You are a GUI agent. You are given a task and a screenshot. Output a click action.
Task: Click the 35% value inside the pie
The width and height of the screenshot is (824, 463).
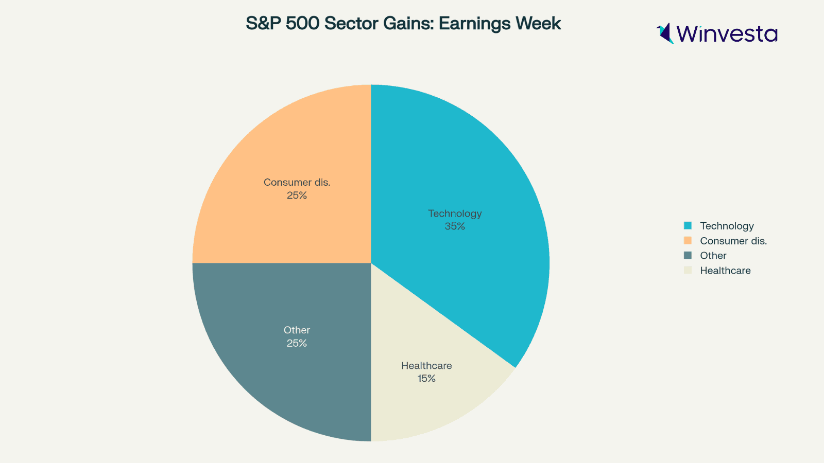tap(455, 226)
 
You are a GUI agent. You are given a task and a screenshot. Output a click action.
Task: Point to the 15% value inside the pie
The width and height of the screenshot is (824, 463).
tap(426, 379)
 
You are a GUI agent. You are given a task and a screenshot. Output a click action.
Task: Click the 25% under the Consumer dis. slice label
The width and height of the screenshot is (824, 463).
tap(297, 195)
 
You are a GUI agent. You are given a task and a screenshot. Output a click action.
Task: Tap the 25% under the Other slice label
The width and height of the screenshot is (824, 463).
tap(297, 343)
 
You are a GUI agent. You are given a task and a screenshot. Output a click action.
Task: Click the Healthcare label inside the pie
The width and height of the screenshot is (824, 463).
tap(426, 366)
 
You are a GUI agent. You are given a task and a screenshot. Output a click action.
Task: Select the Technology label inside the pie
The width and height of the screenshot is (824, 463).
tap(455, 213)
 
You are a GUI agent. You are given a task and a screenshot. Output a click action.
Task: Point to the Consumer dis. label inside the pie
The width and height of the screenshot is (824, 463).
tap(297, 182)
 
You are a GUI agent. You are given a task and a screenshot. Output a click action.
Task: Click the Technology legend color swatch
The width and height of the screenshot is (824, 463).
tap(688, 226)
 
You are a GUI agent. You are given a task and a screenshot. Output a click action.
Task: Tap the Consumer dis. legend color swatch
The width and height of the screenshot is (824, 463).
tap(688, 241)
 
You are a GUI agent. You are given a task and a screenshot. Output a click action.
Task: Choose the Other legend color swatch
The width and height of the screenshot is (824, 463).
tap(688, 256)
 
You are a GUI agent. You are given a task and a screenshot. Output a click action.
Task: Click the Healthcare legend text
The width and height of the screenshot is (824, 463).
tap(725, 271)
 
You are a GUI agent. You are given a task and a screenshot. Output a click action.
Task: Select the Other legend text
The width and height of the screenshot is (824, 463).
tap(713, 256)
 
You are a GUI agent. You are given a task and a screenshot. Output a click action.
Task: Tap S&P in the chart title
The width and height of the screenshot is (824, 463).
tap(263, 24)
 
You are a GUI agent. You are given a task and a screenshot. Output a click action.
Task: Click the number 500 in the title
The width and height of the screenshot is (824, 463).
tap(302, 24)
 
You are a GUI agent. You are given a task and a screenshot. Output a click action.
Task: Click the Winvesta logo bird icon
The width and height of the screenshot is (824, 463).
tap(665, 33)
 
